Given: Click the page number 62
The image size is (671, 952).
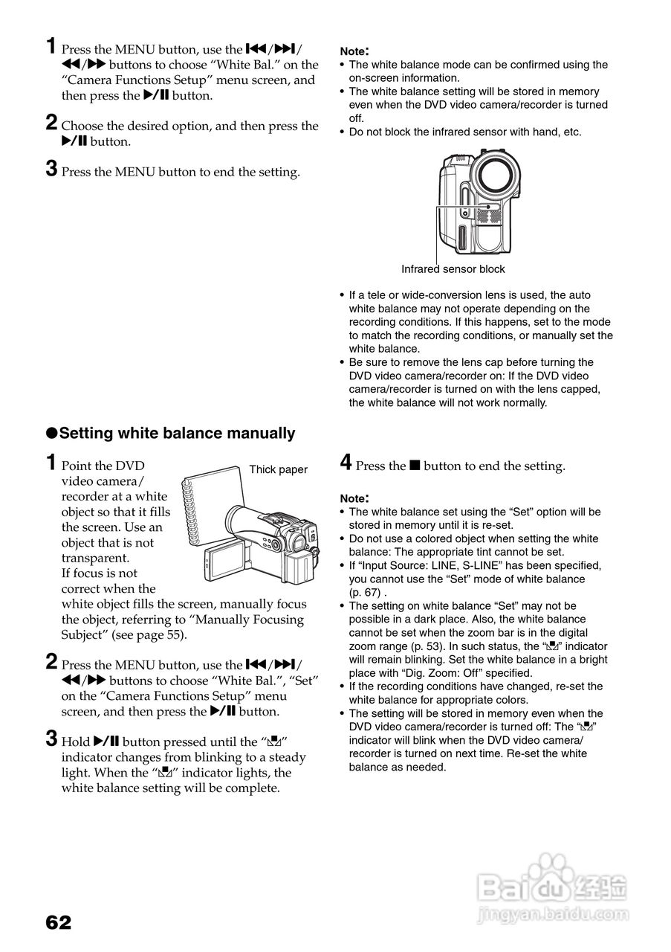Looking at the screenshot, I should pyautogui.click(x=59, y=922).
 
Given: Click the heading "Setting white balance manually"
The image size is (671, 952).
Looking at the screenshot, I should pyautogui.click(x=177, y=433).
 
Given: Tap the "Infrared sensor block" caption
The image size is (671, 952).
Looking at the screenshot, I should pyautogui.click(x=453, y=269).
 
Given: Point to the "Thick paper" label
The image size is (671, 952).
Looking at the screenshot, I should pyautogui.click(x=278, y=469).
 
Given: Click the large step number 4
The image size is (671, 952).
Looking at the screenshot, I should pyautogui.click(x=346, y=463).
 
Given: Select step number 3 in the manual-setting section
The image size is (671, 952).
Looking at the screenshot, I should pyautogui.click(x=51, y=739).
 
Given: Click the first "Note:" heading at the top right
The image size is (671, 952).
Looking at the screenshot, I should pyautogui.click(x=354, y=51).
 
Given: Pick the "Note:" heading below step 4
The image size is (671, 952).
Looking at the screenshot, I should pyautogui.click(x=354, y=498).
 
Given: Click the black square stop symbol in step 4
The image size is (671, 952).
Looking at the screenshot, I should pyautogui.click(x=415, y=466).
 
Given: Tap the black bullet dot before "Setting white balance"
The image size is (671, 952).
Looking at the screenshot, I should pyautogui.click(x=52, y=434).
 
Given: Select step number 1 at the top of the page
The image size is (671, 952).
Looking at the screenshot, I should pyautogui.click(x=51, y=47).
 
